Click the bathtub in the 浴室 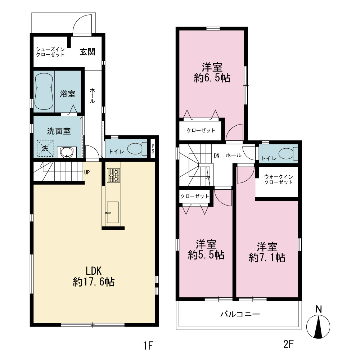pos(44,91)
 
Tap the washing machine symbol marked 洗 pos(45,148)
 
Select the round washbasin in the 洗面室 pos(67,152)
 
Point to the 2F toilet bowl pos(288,153)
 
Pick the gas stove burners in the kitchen pos(114,175)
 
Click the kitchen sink pos(112,212)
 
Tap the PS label pos(153,149)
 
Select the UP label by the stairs pos(87,172)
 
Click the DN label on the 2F pos(216,156)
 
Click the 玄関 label pos(87,52)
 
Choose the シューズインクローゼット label pos(50,52)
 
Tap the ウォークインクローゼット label pos(279,179)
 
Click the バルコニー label pos(240,314)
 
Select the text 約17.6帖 pos(94,282)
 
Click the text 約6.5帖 pos(212,78)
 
